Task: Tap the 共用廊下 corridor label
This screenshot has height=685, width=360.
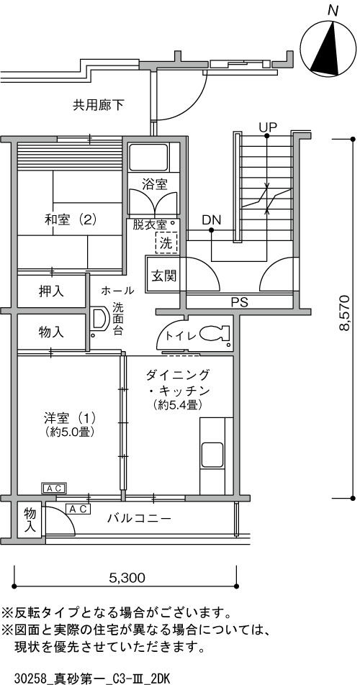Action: coord(99,105)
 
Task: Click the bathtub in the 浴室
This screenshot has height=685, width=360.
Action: coord(148,158)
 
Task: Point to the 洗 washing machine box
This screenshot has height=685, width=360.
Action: coord(166,242)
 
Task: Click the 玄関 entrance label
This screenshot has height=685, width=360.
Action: coord(164,276)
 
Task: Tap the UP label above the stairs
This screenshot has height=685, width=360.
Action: coord(268,127)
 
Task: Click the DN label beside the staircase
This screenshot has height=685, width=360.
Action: coord(212,219)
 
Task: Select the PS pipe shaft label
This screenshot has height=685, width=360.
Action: coord(240,302)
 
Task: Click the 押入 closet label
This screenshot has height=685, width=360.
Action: coord(50,291)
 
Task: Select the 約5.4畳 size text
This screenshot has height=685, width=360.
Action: coord(177,405)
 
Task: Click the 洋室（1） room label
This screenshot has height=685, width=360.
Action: coord(71,418)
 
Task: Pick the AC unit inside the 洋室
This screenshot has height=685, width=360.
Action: coord(54,488)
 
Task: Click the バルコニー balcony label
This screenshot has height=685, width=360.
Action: coord(140,519)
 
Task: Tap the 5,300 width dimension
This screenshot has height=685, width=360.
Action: coord(127,578)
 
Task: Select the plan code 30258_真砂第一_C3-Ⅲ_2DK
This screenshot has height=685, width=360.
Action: coord(85,679)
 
